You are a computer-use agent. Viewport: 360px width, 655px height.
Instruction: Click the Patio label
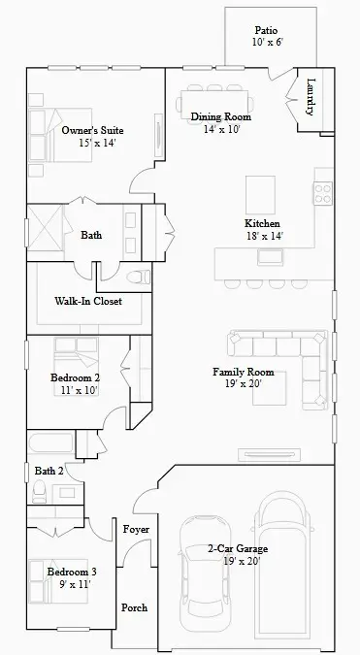(265, 30)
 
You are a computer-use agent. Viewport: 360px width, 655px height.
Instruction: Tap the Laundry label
(311, 97)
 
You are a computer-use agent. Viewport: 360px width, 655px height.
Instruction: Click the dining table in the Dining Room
(213, 102)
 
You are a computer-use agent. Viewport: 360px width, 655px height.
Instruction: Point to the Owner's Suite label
(92, 129)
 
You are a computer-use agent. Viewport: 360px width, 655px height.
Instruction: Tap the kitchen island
(261, 189)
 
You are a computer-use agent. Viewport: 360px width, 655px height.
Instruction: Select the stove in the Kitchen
(322, 192)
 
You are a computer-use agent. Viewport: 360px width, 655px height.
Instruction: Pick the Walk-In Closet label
(87, 301)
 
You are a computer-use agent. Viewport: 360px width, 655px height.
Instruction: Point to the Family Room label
(243, 372)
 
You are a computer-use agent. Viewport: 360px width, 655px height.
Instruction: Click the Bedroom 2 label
(75, 377)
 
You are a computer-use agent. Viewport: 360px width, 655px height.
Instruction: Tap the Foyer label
(136, 529)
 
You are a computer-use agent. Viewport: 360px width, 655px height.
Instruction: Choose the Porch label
(134, 607)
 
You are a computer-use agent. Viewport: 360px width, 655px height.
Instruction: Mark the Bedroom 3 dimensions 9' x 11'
(72, 584)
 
